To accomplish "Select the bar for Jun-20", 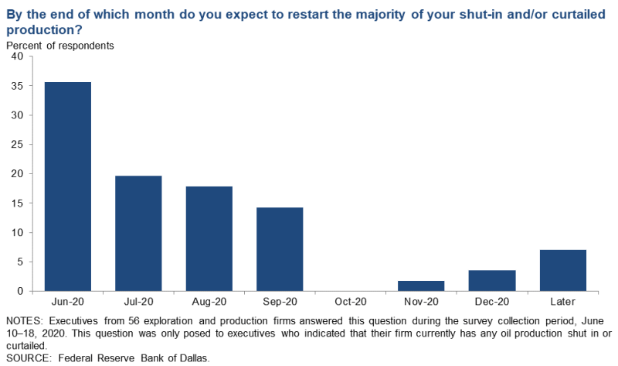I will pos(68,186).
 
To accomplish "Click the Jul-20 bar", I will pos(138,233).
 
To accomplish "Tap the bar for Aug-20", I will pos(209,238).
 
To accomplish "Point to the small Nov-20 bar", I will pos(422,286).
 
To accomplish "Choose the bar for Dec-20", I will pos(492,280).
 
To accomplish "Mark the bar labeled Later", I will pos(563,270).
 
